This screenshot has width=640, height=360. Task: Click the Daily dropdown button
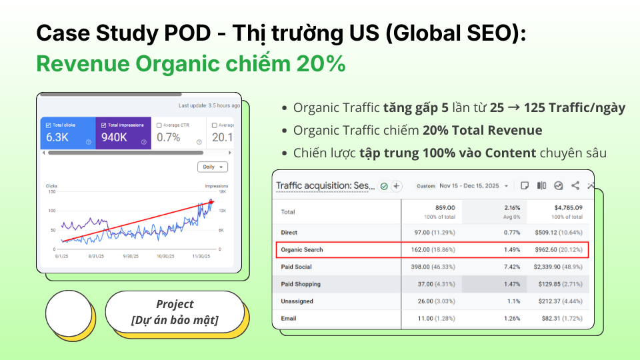(x=213, y=167)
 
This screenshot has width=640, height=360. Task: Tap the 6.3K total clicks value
(x=57, y=137)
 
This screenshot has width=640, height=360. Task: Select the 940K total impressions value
(x=114, y=137)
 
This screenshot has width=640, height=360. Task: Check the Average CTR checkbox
(x=159, y=125)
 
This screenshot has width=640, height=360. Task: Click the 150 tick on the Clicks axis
(x=51, y=192)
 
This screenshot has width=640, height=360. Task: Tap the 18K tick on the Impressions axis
(x=224, y=192)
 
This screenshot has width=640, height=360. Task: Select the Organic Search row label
(x=302, y=249)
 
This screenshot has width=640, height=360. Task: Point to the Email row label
(x=289, y=319)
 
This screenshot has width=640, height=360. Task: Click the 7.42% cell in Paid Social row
(x=511, y=267)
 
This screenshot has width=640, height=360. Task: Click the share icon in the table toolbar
(x=575, y=186)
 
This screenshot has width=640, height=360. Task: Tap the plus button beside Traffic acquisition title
(x=396, y=186)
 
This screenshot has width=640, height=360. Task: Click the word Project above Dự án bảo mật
(x=175, y=304)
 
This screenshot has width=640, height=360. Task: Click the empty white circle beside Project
(x=69, y=313)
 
